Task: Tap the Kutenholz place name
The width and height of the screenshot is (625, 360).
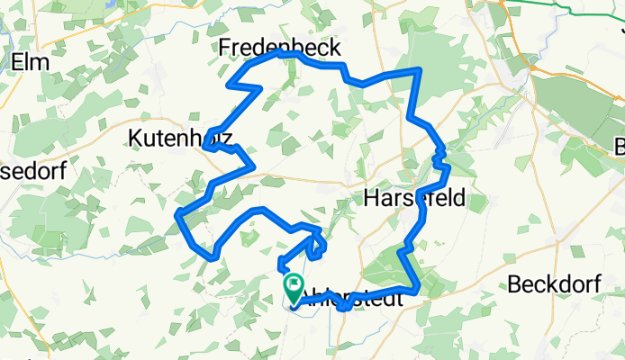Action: point(180,139)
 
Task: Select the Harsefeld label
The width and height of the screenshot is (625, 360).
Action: point(414,198)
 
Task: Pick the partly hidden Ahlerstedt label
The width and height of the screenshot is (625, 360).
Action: point(356,301)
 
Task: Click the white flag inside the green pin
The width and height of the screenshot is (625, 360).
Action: point(294,285)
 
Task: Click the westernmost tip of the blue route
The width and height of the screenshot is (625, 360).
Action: point(177,213)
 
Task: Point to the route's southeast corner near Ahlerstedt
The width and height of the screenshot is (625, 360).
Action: point(418,290)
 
